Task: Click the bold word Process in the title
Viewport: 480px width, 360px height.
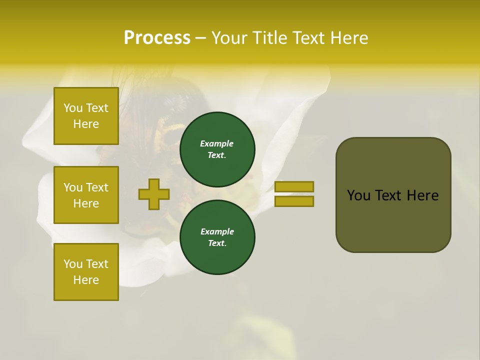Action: click(157, 37)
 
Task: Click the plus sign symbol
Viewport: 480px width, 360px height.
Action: click(154, 194)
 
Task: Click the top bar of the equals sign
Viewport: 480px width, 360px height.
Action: click(294, 186)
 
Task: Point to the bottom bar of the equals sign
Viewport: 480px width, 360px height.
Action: click(294, 201)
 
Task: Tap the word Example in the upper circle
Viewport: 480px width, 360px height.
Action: click(216, 143)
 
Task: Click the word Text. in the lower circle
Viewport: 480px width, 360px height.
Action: click(217, 243)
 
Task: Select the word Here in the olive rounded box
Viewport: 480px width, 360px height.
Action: click(422, 195)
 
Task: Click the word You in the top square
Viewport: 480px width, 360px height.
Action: click(73, 108)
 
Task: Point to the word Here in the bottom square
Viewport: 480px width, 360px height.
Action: click(86, 280)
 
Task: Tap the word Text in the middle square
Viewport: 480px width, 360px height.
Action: click(97, 187)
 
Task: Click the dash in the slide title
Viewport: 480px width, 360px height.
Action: click(200, 37)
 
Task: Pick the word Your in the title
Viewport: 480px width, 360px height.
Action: click(229, 37)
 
